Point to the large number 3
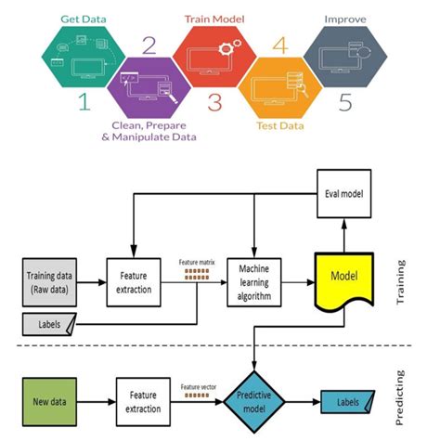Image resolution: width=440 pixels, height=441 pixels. (214, 103)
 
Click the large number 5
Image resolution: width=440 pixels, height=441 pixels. (344, 103)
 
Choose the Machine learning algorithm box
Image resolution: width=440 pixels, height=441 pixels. (253, 276)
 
